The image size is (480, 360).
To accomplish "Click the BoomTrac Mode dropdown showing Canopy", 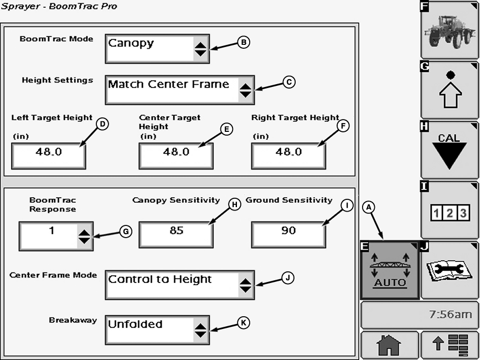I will (157, 49).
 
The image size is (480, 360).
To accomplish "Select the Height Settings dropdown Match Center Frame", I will (179, 90).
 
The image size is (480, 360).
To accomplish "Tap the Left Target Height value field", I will (49, 155).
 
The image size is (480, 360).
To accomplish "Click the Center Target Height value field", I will (176, 155).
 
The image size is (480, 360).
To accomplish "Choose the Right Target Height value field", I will (288, 155).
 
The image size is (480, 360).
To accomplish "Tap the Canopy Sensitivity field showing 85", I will (176, 234).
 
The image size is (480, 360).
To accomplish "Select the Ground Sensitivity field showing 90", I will (288, 234).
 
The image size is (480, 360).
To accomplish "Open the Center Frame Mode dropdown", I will (179, 285).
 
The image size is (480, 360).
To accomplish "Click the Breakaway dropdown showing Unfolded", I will (157, 330).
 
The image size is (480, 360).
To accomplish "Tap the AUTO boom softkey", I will (389, 271).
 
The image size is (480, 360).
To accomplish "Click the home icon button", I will (389, 346).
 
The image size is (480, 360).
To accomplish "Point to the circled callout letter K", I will (244, 322).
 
